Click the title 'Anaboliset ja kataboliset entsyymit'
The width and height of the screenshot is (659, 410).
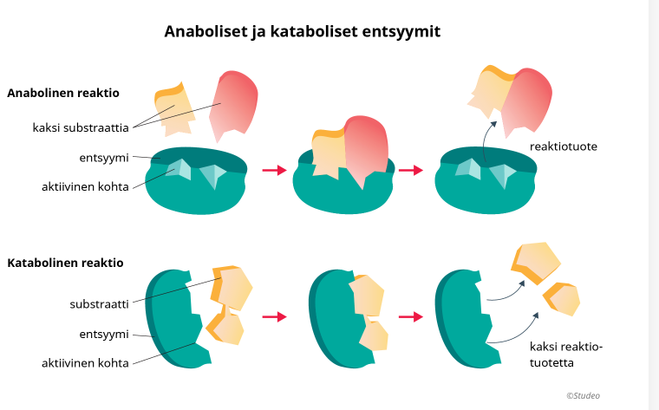[303, 32]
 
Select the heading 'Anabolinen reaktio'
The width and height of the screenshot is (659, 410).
[63, 93]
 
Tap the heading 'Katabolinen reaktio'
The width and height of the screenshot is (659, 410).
[66, 263]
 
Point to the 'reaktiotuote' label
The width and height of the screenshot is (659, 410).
[564, 146]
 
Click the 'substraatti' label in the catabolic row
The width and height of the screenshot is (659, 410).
[100, 304]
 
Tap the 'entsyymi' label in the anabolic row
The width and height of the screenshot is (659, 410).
[104, 158]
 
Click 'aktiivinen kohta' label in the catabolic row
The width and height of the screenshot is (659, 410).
[86, 363]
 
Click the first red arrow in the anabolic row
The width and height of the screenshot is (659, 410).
[274, 170]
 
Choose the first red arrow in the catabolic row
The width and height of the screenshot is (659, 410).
[274, 317]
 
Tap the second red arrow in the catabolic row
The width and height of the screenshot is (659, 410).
[411, 317]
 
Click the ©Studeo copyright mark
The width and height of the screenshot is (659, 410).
[583, 395]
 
